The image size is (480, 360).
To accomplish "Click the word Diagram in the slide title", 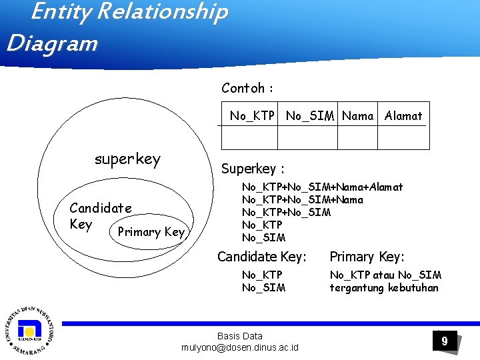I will point(51,43).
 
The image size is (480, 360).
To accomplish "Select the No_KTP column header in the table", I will point(252,116).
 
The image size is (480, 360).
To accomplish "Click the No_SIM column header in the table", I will point(310,116).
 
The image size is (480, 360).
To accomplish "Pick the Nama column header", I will point(357,116).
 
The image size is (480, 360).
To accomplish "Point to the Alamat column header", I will point(403,116).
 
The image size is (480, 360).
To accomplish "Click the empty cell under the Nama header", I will point(357,137).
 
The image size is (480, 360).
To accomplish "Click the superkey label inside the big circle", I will point(127,159).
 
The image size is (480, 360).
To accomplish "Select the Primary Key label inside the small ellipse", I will point(150,232).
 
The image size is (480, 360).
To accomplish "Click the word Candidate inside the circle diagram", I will point(101,208).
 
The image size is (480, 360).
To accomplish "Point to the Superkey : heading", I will point(253,169).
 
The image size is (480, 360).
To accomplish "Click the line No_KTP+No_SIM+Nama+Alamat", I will point(322,188).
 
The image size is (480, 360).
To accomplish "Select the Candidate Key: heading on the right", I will point(262,257).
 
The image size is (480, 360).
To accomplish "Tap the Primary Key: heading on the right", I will point(367,257).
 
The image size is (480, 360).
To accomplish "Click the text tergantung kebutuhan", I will point(384,287).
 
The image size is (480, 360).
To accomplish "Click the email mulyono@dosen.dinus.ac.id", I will point(240,347).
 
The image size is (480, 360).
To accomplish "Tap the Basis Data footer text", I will point(240,336).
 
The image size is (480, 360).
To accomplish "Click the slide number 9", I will point(444,341).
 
